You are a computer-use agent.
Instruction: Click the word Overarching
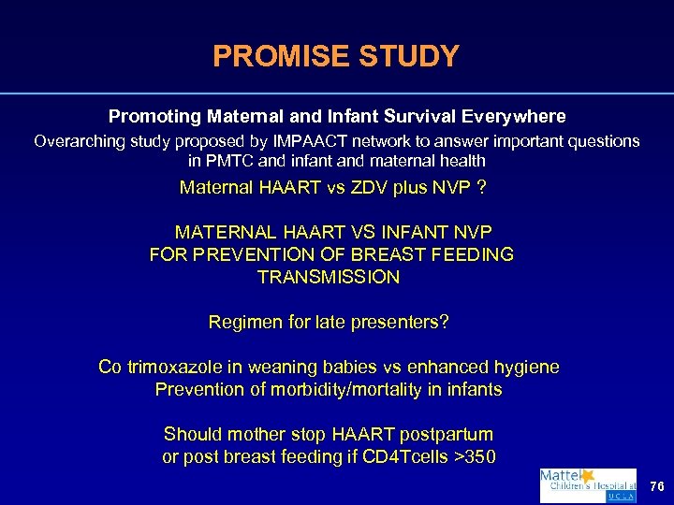(x=78, y=141)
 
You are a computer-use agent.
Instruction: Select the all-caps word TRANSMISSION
(x=329, y=277)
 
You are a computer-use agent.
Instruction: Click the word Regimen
(x=240, y=322)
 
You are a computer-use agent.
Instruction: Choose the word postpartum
(x=447, y=434)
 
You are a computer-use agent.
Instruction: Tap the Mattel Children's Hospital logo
(x=588, y=486)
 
